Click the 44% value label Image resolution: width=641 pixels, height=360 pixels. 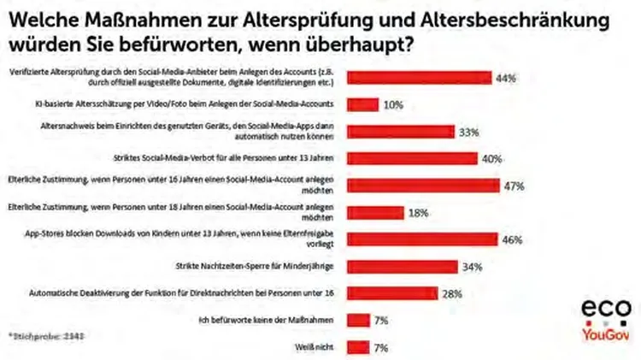click(505, 78)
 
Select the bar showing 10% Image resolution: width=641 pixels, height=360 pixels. click(363, 104)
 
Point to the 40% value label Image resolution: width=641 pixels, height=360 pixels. click(491, 159)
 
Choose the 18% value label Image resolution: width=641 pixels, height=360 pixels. click(417, 213)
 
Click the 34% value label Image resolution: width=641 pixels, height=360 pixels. click(473, 267)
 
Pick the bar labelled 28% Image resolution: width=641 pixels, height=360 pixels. click(393, 293)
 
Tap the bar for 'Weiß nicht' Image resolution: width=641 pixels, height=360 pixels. click(358, 347)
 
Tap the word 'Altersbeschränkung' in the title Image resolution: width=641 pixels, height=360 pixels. click(527, 18)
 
